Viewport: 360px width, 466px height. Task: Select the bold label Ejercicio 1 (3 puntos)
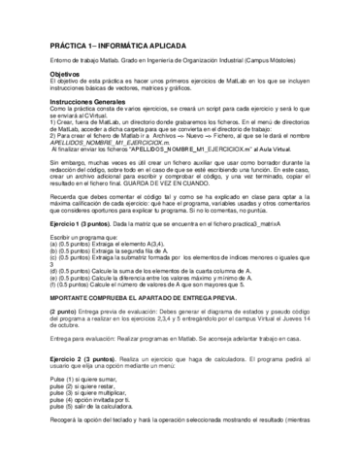(x=59, y=250)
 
